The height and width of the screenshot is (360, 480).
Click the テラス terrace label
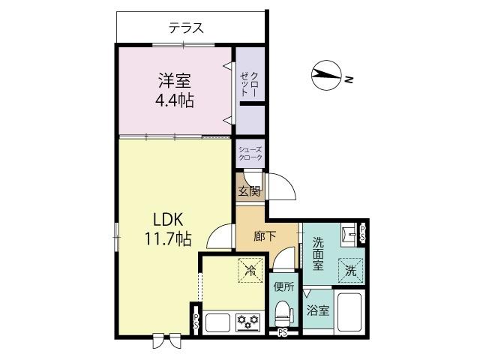coord(186,29)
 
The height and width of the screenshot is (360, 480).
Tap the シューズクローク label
coord(250,154)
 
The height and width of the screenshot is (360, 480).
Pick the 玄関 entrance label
coord(249,190)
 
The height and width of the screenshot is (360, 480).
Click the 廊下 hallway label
coord(265,236)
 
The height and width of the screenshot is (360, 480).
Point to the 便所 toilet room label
coord(283,286)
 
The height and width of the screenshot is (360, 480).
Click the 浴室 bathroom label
coord(317,310)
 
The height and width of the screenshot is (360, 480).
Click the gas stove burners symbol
coord(247,322)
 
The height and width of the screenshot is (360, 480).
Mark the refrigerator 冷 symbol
coord(250,269)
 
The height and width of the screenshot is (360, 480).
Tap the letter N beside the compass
coord(349,77)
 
